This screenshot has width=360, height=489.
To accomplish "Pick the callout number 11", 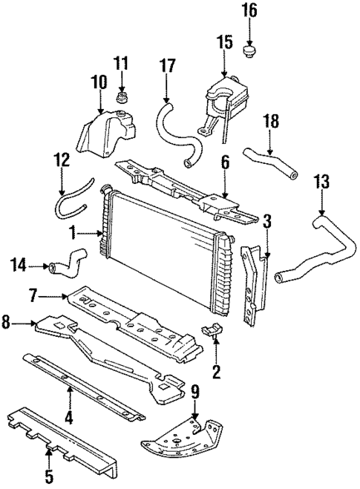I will (x=122, y=62).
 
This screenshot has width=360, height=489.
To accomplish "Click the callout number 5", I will (x=50, y=473).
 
